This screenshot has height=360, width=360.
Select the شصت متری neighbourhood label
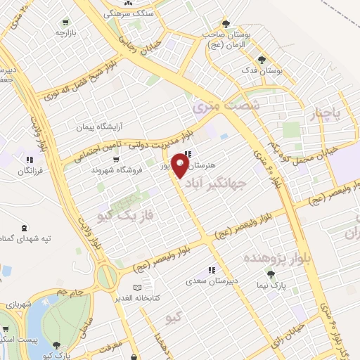[x=216, y=106]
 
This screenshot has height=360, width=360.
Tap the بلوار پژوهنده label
[x=276, y=257]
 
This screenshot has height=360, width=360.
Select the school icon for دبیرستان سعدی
[x=210, y=270]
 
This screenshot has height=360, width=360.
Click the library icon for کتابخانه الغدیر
[x=137, y=288]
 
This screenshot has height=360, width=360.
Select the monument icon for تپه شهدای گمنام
[x=26, y=227]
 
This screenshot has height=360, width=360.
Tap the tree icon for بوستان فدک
[x=262, y=60]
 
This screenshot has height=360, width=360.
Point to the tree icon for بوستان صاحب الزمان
[x=226, y=24]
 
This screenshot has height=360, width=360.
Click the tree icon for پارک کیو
[x=56, y=345]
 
